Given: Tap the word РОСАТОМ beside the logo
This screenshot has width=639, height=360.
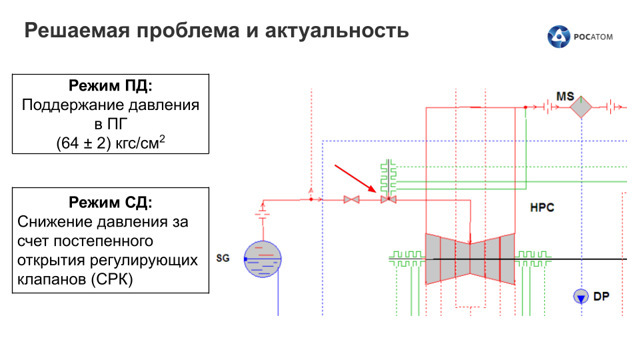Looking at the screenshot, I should (x=592, y=37).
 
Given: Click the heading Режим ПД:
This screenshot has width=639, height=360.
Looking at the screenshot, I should (x=111, y=87).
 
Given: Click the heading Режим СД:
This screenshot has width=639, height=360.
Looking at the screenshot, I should (x=111, y=202).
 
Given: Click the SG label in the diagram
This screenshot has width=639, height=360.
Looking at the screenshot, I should (x=223, y=257).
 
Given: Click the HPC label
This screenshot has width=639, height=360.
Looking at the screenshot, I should (x=542, y=207).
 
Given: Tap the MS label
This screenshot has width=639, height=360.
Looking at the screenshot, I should (x=565, y=97).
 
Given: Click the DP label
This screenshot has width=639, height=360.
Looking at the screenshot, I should (x=602, y=297).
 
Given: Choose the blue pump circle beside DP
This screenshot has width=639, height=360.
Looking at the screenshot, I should (x=580, y=296).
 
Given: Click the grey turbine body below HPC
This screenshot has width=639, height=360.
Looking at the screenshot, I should (x=470, y=258).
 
